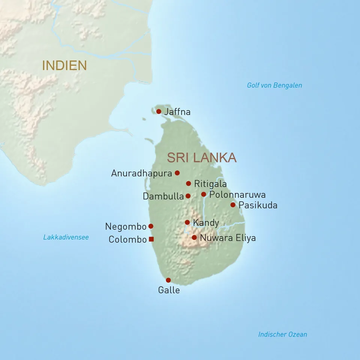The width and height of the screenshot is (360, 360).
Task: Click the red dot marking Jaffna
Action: [159, 111]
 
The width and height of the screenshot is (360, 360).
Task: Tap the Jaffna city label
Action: [177, 112]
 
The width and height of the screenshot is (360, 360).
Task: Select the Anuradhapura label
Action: [141, 173]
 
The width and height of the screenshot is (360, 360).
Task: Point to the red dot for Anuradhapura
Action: [177, 173]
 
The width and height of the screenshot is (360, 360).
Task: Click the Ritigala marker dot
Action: [189, 183]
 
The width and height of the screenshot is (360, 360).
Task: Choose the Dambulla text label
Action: [163, 196]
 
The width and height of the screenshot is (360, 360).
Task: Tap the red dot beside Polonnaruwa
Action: [204, 194]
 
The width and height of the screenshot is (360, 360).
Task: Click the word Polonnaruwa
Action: [237, 195]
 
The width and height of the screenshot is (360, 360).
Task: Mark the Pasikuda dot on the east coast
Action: [233, 205]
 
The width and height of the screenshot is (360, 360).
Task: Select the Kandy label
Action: [206, 223]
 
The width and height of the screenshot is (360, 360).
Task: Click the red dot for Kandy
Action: [187, 222]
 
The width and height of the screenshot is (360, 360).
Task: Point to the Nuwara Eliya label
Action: [228, 238]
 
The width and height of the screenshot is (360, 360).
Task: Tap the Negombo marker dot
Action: [151, 226]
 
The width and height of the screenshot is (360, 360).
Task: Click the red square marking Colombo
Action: [151, 239]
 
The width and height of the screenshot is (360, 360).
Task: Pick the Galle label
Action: [169, 290]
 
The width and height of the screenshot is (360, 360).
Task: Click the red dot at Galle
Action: [168, 280]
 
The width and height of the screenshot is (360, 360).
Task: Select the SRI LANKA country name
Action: [202, 157]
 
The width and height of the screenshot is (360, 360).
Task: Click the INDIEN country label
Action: [64, 65]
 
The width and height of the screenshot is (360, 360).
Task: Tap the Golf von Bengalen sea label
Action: [274, 85]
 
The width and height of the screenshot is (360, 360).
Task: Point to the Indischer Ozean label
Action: [282, 334]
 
